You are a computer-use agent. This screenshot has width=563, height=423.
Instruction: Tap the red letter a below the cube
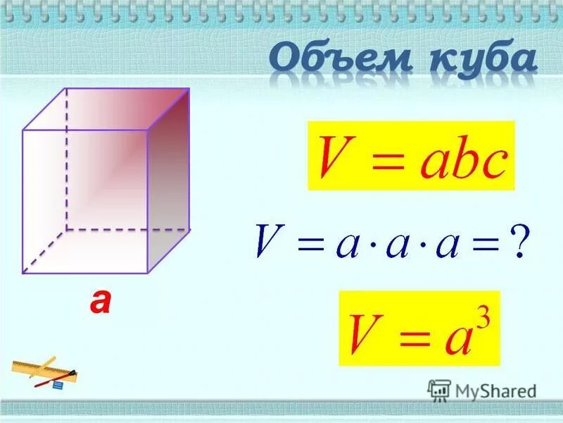point(100,301)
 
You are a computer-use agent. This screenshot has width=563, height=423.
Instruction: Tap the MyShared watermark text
point(495,391)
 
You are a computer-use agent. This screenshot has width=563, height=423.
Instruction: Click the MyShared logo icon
point(439,390)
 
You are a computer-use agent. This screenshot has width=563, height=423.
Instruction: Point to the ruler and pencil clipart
point(46,373)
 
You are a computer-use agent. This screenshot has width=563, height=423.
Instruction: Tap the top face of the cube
point(106,109)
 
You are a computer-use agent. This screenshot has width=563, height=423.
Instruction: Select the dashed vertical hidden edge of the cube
point(66,159)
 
